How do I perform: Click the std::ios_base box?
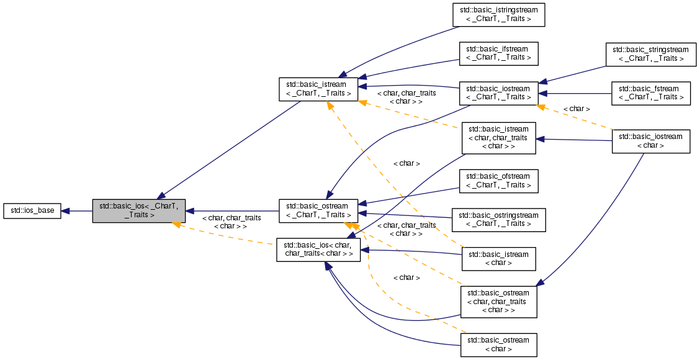[x=32, y=211]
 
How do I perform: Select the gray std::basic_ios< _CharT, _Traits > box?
[x=138, y=211]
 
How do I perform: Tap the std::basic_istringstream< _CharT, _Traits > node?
[x=498, y=14]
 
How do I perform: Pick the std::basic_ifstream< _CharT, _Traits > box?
[x=498, y=53]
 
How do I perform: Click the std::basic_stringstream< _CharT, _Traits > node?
[x=650, y=54]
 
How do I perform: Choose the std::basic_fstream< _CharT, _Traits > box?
[x=650, y=93]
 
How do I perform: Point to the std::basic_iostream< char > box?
[x=651, y=141]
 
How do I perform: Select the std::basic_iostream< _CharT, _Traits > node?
[x=498, y=93]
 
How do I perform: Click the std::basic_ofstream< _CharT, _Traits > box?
[x=498, y=181]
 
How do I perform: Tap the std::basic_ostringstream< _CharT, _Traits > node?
[x=498, y=219]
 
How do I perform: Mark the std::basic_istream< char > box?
[x=498, y=258]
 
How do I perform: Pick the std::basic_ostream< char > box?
[x=498, y=344]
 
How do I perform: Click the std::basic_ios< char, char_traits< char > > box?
[x=318, y=249]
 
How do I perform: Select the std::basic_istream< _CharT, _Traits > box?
[x=318, y=89]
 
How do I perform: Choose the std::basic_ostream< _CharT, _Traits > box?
[x=318, y=211]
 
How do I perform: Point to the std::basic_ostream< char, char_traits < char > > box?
[x=498, y=301]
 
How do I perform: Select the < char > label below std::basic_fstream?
[x=576, y=109]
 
